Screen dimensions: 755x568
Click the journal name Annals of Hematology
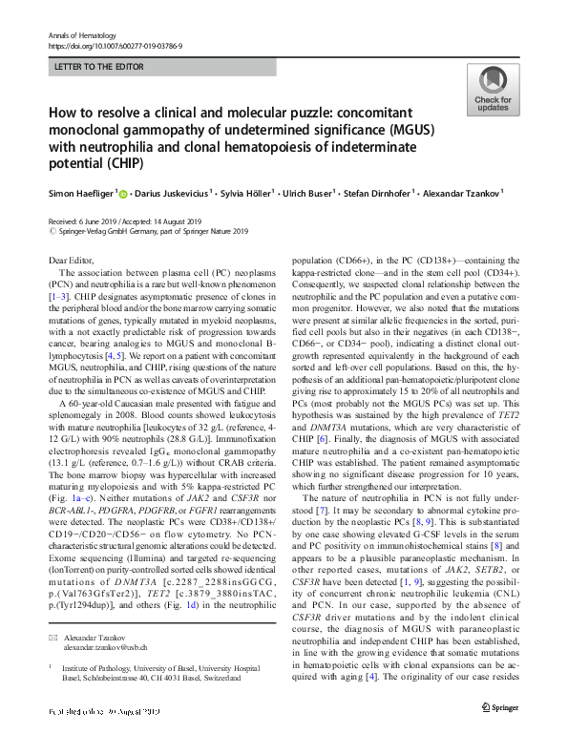click(x=76, y=35)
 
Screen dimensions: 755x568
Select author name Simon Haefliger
click(x=82, y=192)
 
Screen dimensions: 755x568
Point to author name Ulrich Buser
click(x=309, y=192)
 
